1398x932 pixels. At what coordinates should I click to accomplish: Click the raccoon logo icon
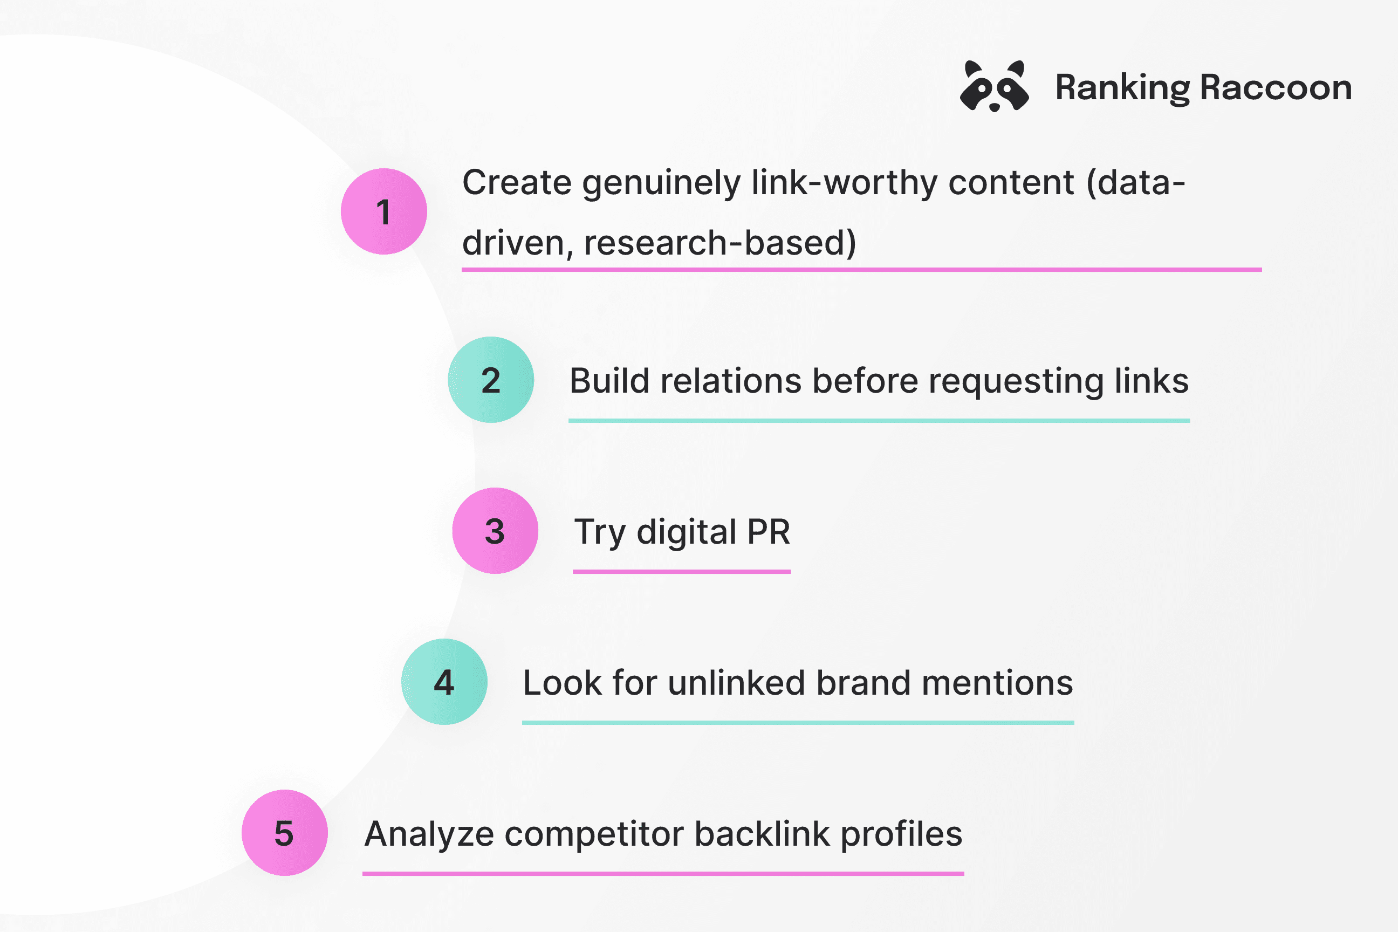tap(995, 86)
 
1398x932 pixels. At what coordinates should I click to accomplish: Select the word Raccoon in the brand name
tap(1276, 87)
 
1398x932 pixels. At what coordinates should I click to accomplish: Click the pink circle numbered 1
tap(384, 211)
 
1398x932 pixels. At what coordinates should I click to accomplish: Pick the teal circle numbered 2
tap(491, 380)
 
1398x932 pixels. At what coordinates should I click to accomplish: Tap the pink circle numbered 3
tap(495, 531)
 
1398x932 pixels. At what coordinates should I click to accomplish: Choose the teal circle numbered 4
tap(444, 682)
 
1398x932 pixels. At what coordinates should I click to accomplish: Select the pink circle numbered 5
tap(285, 833)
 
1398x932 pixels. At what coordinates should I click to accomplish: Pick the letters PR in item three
tap(769, 531)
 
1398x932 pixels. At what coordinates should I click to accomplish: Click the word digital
tap(687, 532)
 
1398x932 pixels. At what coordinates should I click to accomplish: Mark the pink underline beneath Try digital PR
tap(682, 572)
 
